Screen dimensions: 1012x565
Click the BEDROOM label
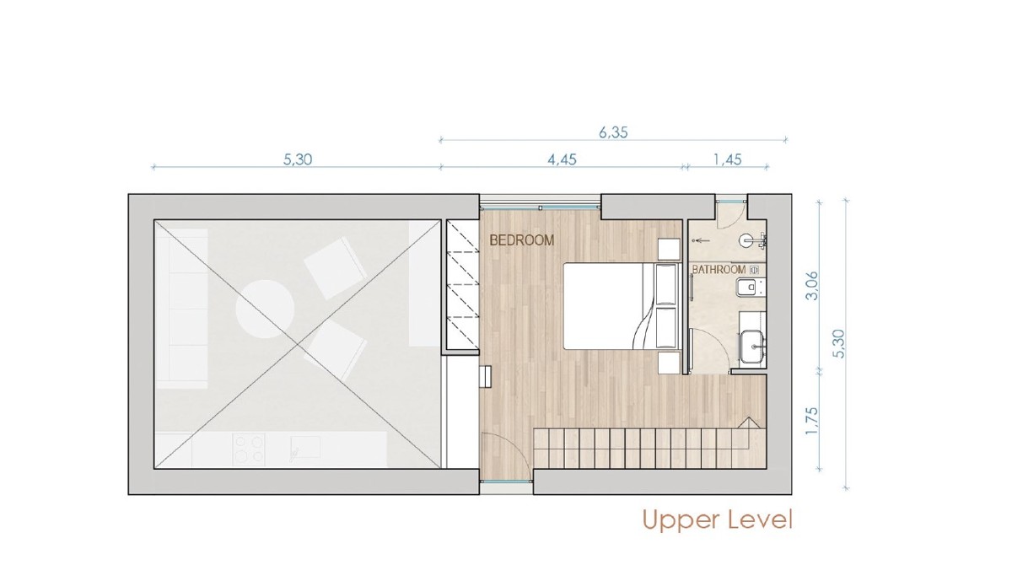point(522,240)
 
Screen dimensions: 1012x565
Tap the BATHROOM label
point(719,270)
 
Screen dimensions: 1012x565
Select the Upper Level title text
point(718,519)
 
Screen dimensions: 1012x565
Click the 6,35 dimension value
point(613,132)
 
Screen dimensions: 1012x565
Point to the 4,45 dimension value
point(562,159)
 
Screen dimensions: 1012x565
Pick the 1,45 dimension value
point(727,159)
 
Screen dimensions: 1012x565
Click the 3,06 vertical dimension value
point(812,285)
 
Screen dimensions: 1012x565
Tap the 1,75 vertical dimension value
point(812,422)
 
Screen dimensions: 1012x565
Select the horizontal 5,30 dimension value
point(297,159)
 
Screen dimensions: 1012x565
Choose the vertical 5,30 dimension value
point(838,344)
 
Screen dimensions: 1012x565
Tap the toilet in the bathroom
point(748,287)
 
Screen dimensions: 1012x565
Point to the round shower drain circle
point(746,240)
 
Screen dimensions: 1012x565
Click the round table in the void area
point(265,309)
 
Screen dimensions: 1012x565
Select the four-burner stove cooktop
point(249,449)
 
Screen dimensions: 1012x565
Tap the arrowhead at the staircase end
point(750,422)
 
